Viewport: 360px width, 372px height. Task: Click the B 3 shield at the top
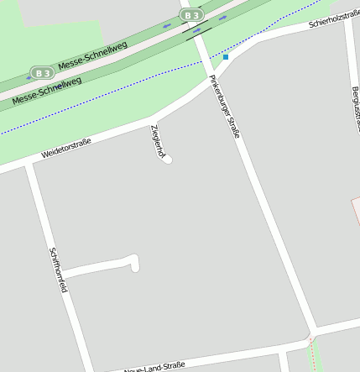click(191, 15)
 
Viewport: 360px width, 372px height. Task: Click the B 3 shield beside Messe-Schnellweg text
click(40, 72)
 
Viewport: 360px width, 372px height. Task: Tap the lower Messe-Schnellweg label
click(47, 92)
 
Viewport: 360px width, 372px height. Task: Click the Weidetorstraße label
click(66, 149)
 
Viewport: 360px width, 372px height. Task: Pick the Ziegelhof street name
click(156, 139)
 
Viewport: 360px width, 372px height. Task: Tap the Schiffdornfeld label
click(58, 270)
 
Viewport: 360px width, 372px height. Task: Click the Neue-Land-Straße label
click(154, 366)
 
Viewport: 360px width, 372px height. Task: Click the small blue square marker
click(225, 57)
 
